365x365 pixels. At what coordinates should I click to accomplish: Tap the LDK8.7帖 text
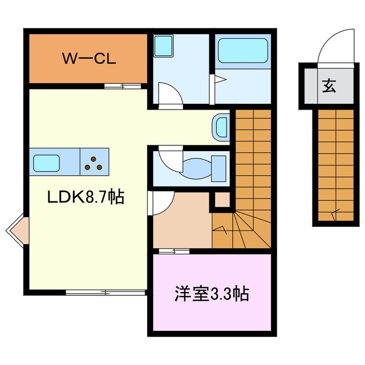coord(86,198)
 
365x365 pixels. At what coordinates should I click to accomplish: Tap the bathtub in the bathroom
coord(242,50)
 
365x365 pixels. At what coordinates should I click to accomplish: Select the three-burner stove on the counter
coord(95,163)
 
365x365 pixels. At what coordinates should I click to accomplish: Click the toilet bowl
coord(201,168)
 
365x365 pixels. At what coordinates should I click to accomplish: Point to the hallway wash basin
coord(221,127)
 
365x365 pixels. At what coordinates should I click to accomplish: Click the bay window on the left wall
coord(17,230)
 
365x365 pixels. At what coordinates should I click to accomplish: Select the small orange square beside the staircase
coord(222,200)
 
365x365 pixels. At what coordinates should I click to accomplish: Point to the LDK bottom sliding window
coord(106,293)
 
